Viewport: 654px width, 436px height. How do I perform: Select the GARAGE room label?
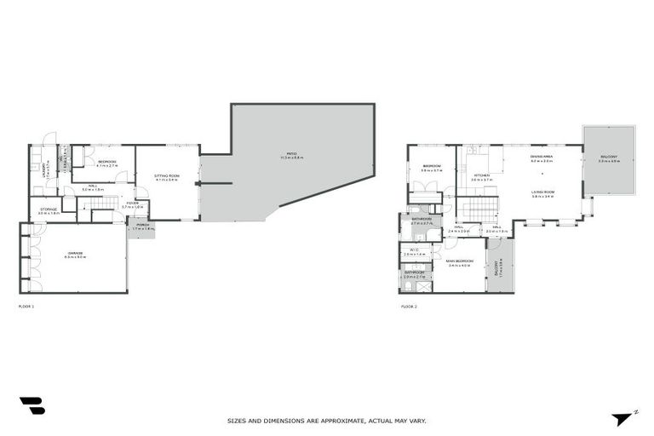coord(73,255)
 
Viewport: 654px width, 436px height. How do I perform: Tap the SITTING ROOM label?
coord(166,177)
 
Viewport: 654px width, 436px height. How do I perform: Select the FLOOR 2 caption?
coord(409,304)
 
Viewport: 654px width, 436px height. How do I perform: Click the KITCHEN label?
coord(481,176)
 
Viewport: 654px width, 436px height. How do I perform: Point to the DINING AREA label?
coord(542,158)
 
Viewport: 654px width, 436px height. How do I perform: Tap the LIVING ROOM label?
coord(543,193)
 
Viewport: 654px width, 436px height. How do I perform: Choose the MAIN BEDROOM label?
coord(460,261)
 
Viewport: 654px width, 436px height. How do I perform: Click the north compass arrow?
coord(622,418)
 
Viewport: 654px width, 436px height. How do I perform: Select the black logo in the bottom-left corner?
coord(32,406)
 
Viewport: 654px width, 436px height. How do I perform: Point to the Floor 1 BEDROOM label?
coord(106,162)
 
